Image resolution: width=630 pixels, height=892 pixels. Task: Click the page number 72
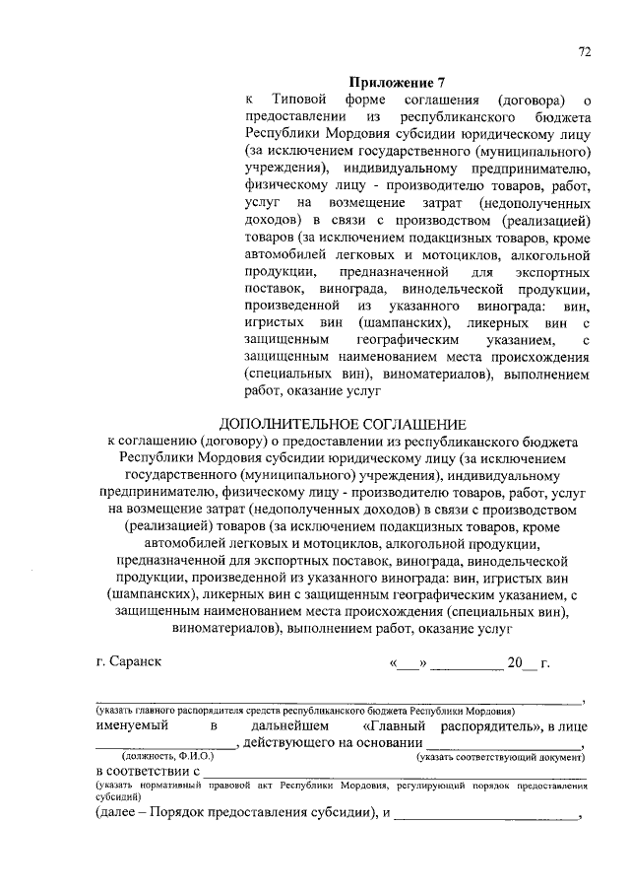(584, 54)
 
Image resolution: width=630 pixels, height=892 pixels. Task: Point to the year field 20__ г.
(528, 663)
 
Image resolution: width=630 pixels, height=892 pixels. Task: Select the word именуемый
(132, 725)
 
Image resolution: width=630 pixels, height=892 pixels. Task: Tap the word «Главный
(389, 725)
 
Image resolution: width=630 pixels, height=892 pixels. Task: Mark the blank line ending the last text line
(487, 817)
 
